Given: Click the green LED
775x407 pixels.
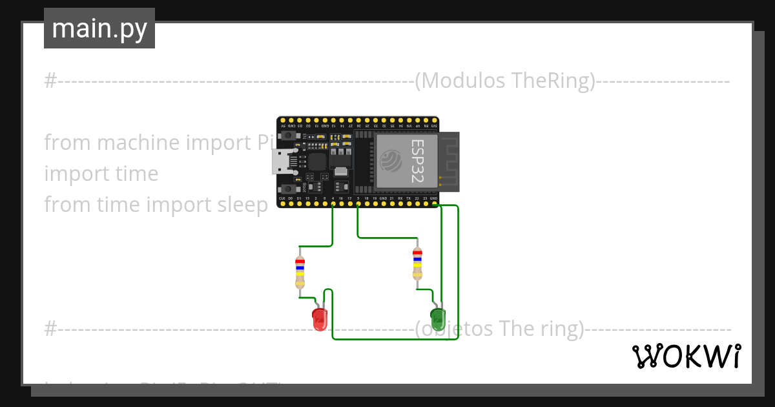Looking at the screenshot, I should click(x=439, y=317).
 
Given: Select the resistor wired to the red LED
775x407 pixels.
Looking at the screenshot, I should click(x=300, y=272).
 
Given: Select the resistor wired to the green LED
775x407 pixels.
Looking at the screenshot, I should click(x=417, y=264).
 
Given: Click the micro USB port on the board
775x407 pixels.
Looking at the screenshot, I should click(x=282, y=162).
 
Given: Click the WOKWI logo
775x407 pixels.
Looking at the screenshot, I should click(x=686, y=356).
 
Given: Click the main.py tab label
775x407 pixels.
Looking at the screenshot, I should click(x=99, y=28).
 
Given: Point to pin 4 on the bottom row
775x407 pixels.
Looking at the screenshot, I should click(x=333, y=204).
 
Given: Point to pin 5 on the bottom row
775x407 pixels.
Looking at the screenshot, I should click(x=358, y=204).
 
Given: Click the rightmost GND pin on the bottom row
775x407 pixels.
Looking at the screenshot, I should click(x=433, y=204).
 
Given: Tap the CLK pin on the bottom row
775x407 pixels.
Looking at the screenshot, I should click(x=282, y=204).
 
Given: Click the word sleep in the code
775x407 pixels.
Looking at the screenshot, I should click(x=240, y=205).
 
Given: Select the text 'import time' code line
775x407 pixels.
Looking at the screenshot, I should click(x=101, y=173).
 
